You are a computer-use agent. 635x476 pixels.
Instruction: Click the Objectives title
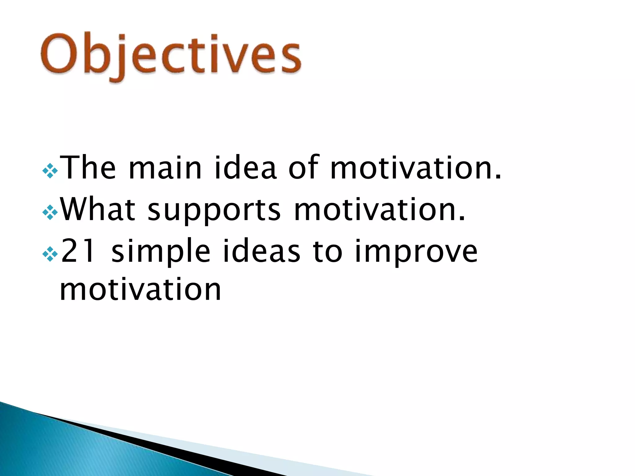[171, 56]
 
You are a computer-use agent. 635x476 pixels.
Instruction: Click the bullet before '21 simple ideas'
[50, 254]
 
